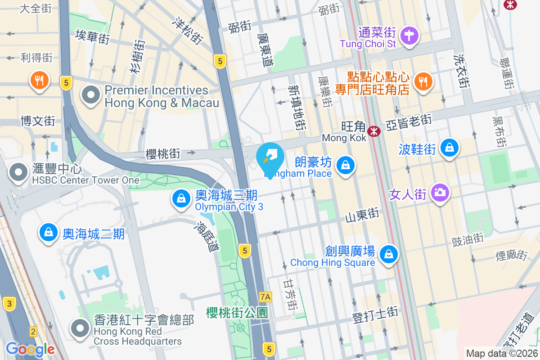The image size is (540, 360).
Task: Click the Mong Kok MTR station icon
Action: (x=373, y=131)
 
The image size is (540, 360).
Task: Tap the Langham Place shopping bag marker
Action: (x=345, y=165)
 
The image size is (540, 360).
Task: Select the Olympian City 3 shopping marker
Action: (x=181, y=198)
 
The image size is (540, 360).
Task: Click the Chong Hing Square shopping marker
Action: (x=388, y=255)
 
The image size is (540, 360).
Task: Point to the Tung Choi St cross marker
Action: (x=409, y=35)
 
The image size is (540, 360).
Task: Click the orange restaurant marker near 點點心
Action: (x=423, y=81)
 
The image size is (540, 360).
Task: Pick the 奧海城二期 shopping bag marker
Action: (x=48, y=233)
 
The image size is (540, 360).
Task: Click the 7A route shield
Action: (x=266, y=297)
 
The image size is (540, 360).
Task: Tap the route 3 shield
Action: (x=9, y=303)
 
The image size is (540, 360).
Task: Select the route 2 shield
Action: (x=33, y=332)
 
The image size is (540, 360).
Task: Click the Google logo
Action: (x=30, y=349)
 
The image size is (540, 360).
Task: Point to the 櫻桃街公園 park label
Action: (x=237, y=313)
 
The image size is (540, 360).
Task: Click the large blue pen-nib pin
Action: (x=270, y=157)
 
